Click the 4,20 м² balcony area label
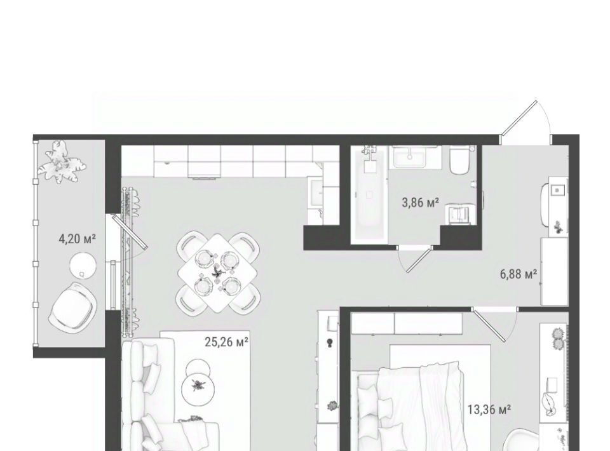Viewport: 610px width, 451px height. pyautogui.click(x=77, y=239)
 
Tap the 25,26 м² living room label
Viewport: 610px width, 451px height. pyautogui.click(x=227, y=342)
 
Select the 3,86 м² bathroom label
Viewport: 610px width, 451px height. pyautogui.click(x=421, y=203)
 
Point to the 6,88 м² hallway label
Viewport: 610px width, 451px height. pyautogui.click(x=518, y=274)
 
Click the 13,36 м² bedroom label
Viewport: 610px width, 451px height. pyautogui.click(x=489, y=410)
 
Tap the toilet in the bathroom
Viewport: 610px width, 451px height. pyautogui.click(x=461, y=161)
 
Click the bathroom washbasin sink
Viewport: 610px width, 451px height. pyautogui.click(x=410, y=157)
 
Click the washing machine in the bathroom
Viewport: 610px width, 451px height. pyautogui.click(x=460, y=214)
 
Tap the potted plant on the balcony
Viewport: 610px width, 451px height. pyautogui.click(x=62, y=162)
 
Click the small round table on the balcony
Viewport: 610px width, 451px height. pyautogui.click(x=83, y=265)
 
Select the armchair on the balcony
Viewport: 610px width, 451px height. pyautogui.click(x=72, y=307)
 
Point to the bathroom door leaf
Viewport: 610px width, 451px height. pyautogui.click(x=419, y=259)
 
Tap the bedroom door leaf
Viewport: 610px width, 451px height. pyautogui.click(x=489, y=326)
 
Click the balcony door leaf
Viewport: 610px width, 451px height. pyautogui.click(x=130, y=232)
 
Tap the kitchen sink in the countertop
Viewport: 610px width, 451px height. pyautogui.click(x=316, y=192)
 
